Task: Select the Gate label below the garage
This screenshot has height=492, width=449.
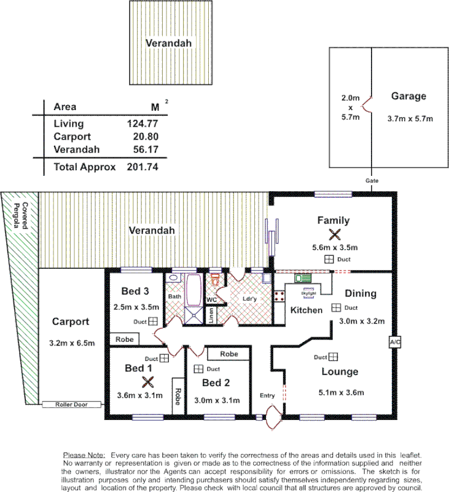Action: click(372, 181)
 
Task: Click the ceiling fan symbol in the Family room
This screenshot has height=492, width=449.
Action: click(335, 234)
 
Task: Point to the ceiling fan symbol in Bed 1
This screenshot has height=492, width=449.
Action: click(147, 381)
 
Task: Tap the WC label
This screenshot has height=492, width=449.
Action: click(212, 300)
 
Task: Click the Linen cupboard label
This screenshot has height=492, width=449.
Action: click(211, 315)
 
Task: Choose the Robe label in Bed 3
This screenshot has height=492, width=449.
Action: click(124, 339)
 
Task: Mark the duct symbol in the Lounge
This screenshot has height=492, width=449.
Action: click(332, 357)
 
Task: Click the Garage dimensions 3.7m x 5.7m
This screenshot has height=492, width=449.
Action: click(410, 118)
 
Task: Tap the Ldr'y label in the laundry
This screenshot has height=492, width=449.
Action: click(250, 300)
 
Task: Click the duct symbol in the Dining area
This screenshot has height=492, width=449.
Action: click(336, 307)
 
